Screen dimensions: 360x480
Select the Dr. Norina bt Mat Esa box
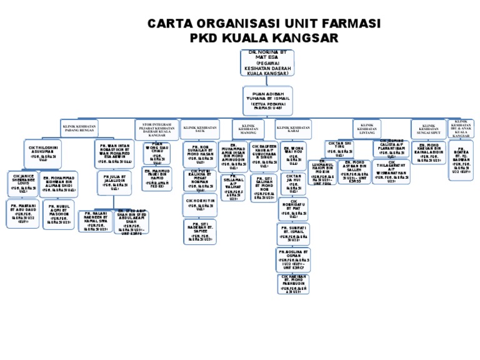pos(267,63)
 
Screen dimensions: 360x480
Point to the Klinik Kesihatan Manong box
pos(249,129)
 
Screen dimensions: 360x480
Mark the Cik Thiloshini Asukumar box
pos(44,153)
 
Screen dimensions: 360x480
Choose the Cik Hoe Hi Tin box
pos(201,204)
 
